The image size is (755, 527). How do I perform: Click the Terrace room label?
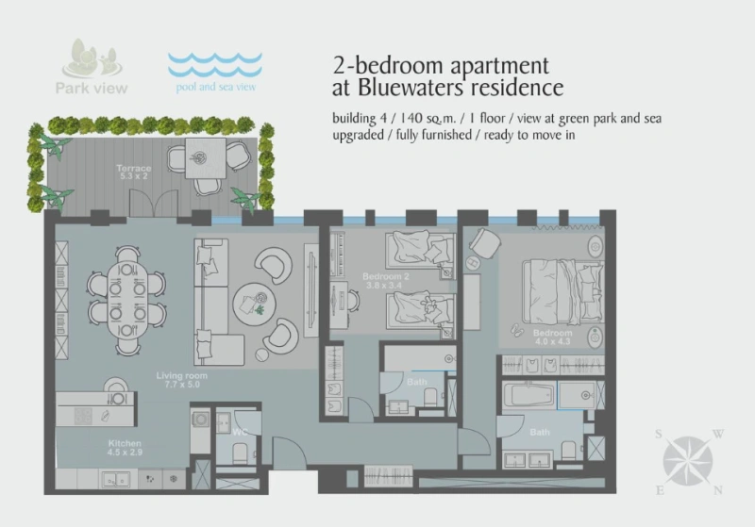click(135, 172)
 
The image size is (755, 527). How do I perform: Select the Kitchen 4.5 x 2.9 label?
click(124, 448)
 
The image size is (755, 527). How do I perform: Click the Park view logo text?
click(91, 89)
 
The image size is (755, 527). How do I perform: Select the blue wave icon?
click(214, 64)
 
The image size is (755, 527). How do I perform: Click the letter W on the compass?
click(717, 435)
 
